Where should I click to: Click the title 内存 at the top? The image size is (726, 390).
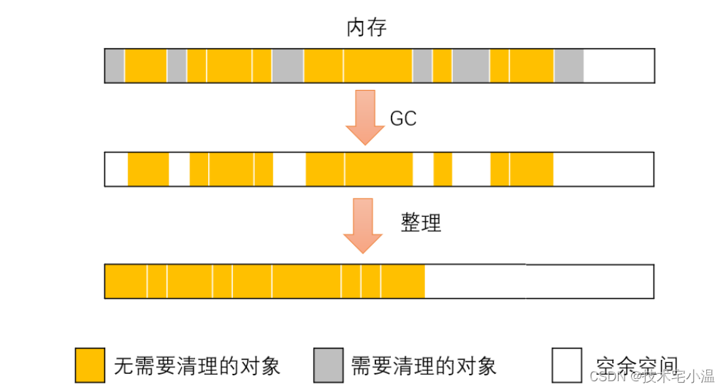click(x=366, y=28)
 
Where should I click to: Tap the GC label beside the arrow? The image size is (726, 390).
click(x=403, y=119)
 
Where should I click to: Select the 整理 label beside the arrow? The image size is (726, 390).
click(x=421, y=223)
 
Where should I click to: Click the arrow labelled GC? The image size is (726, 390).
click(x=364, y=117)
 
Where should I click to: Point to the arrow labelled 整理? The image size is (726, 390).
click(x=363, y=225)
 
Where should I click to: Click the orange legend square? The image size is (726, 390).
click(x=90, y=365)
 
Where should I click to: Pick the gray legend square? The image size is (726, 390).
click(x=329, y=365)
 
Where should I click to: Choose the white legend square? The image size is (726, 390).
click(x=567, y=365)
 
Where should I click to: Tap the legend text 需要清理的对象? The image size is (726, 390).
click(x=424, y=365)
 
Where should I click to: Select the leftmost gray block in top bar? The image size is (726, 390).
click(x=115, y=66)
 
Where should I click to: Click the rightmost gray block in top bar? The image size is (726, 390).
click(x=568, y=66)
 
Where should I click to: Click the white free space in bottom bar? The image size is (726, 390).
click(x=539, y=281)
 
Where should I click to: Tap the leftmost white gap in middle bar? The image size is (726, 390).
click(x=117, y=169)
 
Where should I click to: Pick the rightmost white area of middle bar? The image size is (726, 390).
click(x=603, y=169)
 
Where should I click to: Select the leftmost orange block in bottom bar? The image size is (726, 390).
click(x=126, y=281)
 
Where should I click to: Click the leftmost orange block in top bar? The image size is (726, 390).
click(x=146, y=66)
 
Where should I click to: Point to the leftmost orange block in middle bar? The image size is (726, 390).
click(x=148, y=169)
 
